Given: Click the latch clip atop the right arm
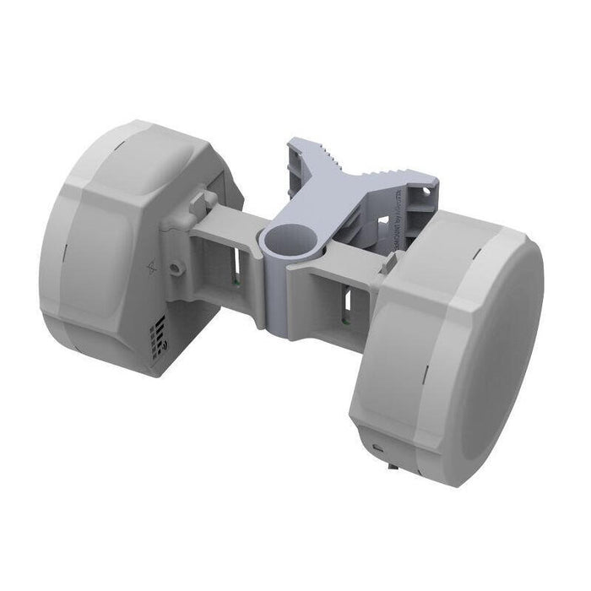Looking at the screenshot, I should click(x=388, y=263).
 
